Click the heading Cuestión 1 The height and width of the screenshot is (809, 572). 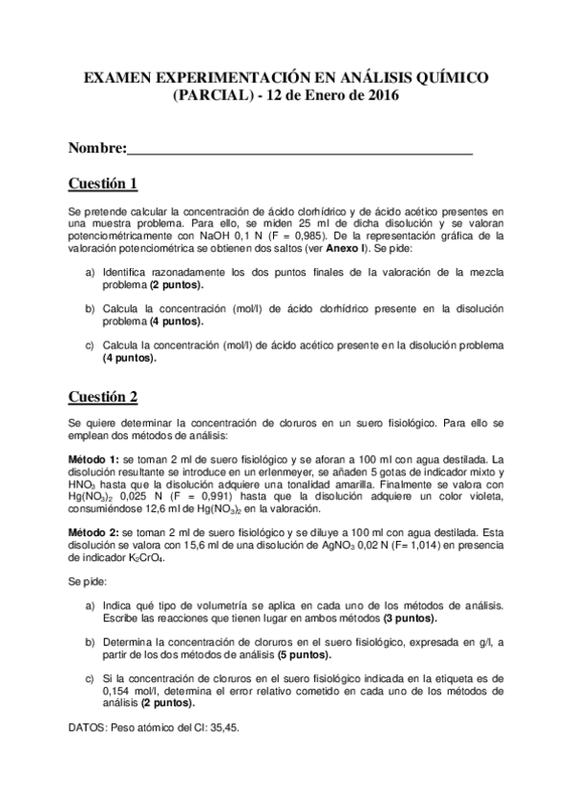click(x=104, y=183)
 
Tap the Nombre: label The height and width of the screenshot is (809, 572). click(x=97, y=149)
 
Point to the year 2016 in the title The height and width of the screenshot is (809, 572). click(x=379, y=95)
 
